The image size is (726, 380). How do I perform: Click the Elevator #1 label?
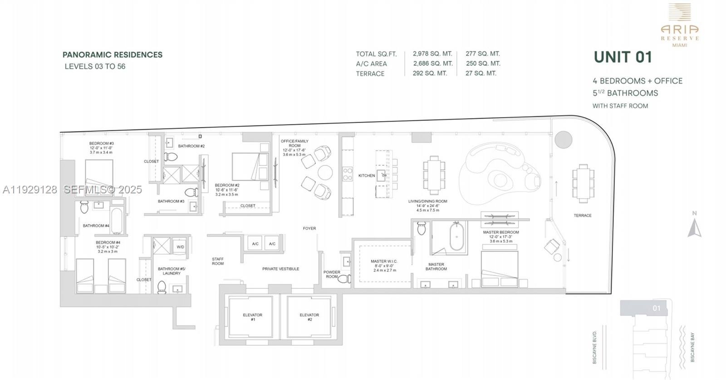(253, 317)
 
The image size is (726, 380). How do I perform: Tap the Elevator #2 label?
(309, 317)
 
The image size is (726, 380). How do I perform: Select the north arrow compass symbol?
(694, 227)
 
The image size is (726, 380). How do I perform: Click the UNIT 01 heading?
(623, 57)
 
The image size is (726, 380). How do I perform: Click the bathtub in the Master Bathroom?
(456, 237)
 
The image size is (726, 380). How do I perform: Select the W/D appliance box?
(180, 247)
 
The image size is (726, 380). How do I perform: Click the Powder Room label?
(332, 274)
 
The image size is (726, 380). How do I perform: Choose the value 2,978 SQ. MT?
(432, 54)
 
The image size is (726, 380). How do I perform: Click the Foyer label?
(309, 228)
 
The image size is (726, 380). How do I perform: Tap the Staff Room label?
(218, 261)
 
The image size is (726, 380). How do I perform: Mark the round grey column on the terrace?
(563, 140)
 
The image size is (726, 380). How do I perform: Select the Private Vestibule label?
(280, 269)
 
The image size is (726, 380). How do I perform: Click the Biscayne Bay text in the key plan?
(692, 347)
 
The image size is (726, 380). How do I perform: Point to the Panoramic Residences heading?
(113, 55)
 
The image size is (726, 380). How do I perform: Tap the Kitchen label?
(367, 176)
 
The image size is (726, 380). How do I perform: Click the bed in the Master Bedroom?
(499, 269)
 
